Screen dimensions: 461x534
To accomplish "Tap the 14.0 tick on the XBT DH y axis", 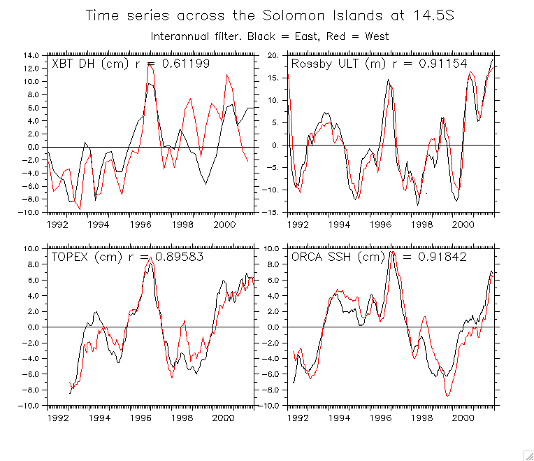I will tap(29, 55).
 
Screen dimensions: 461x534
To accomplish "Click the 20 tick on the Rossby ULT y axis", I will tap(273, 55).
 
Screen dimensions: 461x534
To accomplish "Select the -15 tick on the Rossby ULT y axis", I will tap(271, 212).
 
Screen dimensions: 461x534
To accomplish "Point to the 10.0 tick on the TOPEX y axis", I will tap(29, 248).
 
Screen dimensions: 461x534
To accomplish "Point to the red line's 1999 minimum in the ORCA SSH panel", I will tap(447, 395).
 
